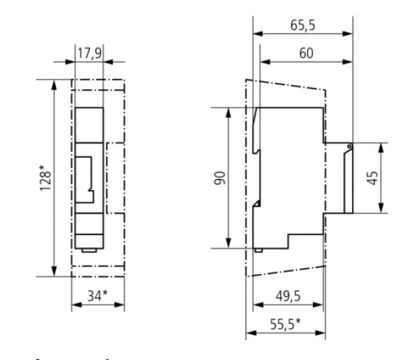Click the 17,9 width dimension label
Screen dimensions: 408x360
(x=89, y=53)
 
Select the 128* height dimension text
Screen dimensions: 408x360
(x=45, y=178)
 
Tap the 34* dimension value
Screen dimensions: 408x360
(x=97, y=295)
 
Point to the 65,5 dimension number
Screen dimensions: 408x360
(x=302, y=26)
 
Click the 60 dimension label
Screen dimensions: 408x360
(x=306, y=53)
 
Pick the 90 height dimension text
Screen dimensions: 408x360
(x=220, y=178)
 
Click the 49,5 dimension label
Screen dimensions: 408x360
(x=288, y=296)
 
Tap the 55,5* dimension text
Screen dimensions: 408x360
(x=285, y=324)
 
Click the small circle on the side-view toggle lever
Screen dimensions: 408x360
(x=349, y=147)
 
